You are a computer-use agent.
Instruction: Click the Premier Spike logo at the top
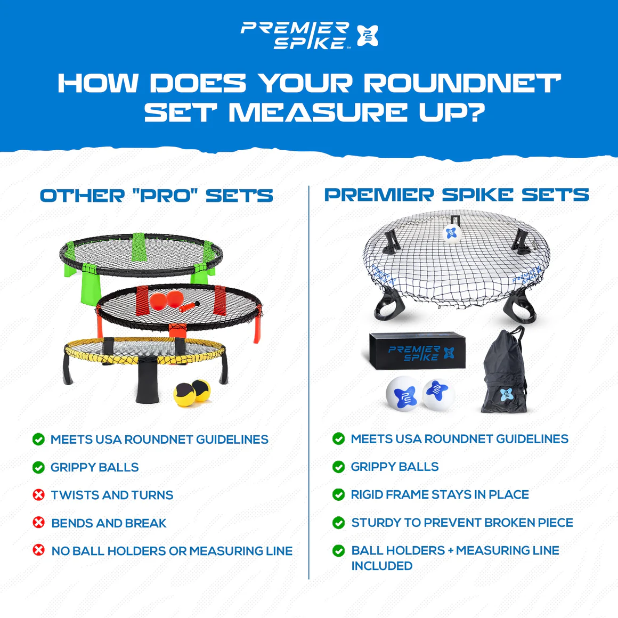(x=310, y=36)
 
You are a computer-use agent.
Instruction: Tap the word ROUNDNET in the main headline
(x=462, y=83)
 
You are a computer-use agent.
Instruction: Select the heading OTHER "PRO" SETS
(x=157, y=196)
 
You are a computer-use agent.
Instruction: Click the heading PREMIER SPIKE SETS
(x=457, y=194)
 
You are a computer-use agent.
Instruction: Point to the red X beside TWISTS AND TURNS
(x=38, y=494)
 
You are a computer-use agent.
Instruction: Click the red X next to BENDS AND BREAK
(x=38, y=523)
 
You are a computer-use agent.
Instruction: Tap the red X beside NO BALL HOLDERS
(x=38, y=550)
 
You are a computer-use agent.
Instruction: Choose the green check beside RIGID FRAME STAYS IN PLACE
(x=338, y=494)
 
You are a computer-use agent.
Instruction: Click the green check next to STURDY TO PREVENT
(x=338, y=523)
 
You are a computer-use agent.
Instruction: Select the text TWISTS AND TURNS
(x=112, y=495)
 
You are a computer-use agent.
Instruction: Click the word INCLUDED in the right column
(x=382, y=566)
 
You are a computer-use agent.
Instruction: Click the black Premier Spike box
(x=418, y=351)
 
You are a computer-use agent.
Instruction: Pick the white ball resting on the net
(x=451, y=234)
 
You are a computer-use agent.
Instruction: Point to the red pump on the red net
(x=189, y=306)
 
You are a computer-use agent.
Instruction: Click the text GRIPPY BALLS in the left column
(x=95, y=467)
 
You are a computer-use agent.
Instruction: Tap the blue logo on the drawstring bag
(x=507, y=394)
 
